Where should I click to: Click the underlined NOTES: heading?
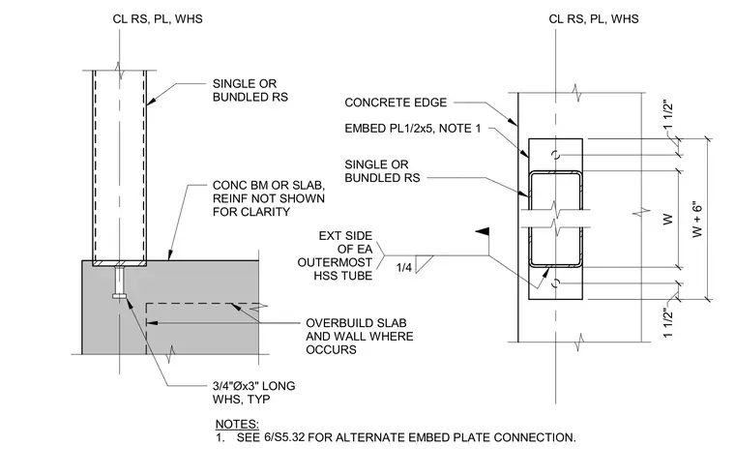click(x=237, y=424)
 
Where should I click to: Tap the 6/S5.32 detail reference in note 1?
click(x=284, y=437)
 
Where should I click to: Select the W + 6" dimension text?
click(x=697, y=220)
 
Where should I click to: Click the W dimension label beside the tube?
click(x=668, y=219)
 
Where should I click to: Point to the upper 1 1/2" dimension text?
click(x=668, y=114)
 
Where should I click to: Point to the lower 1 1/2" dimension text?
click(x=668, y=322)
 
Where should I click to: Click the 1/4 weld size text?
click(x=403, y=267)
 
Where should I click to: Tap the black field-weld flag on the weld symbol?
click(x=483, y=231)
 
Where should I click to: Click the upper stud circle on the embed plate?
click(x=556, y=155)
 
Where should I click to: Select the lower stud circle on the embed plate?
click(x=556, y=283)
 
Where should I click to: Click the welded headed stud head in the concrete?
click(x=120, y=296)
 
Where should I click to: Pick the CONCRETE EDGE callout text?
click(x=396, y=103)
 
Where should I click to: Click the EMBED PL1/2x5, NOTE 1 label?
click(x=413, y=129)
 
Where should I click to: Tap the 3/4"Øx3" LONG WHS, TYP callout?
click(x=254, y=393)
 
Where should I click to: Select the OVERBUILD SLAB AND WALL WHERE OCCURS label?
click(x=360, y=337)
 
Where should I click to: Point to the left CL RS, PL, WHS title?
click(x=158, y=18)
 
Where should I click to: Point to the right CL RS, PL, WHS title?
click(x=594, y=18)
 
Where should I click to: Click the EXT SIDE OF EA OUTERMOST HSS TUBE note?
click(x=336, y=255)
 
